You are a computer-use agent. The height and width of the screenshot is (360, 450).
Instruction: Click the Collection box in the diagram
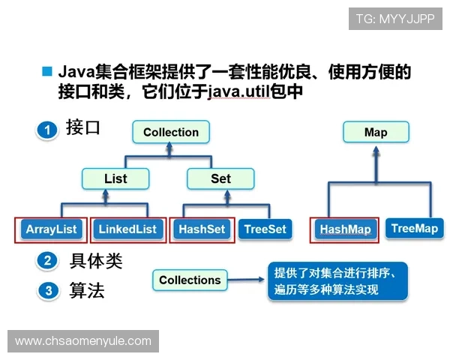(171, 132)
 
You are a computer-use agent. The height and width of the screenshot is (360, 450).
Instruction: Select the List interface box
(115, 178)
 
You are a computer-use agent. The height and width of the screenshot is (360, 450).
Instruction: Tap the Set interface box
(220, 178)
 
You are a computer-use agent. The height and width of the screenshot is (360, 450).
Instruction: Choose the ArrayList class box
(51, 229)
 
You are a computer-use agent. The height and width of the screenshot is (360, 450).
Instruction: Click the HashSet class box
(202, 229)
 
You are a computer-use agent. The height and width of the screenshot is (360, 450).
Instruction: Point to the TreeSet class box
(265, 229)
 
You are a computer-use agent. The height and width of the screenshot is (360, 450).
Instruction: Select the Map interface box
(376, 132)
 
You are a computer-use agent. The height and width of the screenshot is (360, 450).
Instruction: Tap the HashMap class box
(345, 229)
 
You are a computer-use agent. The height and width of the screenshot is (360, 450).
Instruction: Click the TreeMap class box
(414, 229)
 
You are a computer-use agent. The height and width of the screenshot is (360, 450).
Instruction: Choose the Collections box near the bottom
(190, 280)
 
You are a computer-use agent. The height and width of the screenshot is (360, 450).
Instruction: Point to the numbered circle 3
(47, 290)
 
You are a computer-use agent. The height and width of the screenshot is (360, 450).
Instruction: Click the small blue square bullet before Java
(46, 71)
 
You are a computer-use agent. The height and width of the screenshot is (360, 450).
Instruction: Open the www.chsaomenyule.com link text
(83, 341)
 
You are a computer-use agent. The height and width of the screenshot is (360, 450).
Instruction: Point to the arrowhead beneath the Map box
(376, 150)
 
